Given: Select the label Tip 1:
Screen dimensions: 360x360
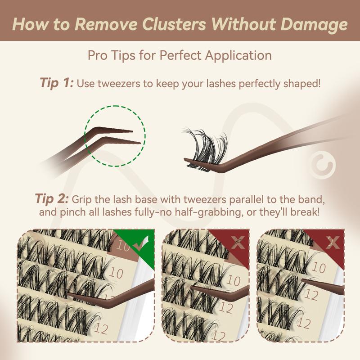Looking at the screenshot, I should (x=57, y=83).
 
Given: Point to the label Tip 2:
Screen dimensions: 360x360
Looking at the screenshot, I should (x=52, y=199).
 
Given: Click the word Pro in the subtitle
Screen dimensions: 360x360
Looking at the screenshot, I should (x=98, y=55).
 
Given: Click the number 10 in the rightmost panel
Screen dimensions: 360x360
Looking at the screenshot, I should (x=319, y=269).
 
